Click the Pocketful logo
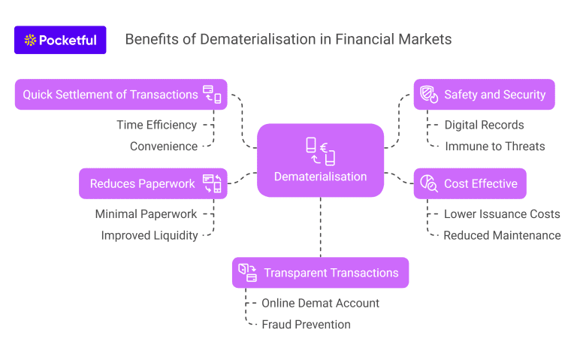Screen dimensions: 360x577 [x=60, y=40]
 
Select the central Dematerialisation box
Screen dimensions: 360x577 [x=320, y=160]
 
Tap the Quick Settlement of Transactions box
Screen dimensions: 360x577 [x=121, y=95]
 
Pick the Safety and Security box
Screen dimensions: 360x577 [x=484, y=95]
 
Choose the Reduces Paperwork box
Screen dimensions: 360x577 [x=153, y=183]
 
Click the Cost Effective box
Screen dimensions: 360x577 [x=470, y=183]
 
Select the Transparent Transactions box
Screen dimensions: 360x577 [x=320, y=273]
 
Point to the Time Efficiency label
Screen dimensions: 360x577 [x=156, y=125]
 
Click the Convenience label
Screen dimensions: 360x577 [x=164, y=146]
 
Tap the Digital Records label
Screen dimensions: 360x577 [x=484, y=125]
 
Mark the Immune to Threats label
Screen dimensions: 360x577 [x=495, y=146]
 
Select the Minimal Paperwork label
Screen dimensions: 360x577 [x=146, y=214]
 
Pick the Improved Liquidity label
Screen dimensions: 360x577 [x=150, y=235]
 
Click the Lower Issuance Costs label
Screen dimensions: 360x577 [x=502, y=214]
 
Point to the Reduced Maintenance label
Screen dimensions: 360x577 [x=502, y=235]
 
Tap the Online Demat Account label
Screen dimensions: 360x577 [x=320, y=303]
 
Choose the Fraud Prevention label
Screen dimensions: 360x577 [x=306, y=324]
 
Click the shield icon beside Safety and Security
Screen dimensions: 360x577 [x=429, y=95]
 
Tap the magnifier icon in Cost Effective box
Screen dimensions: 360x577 [x=429, y=183]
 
